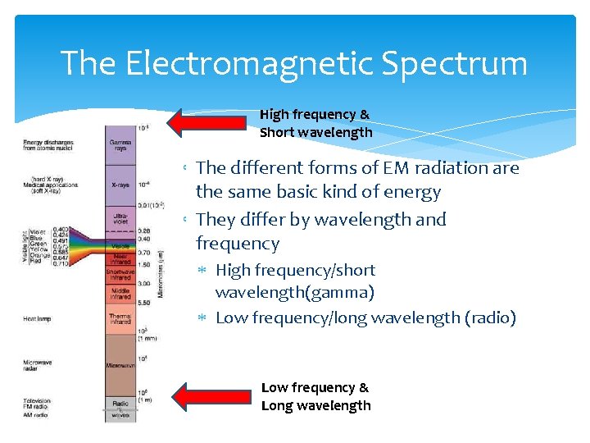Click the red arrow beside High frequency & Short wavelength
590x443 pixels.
click(x=209, y=123)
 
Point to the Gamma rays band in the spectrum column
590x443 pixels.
click(x=120, y=146)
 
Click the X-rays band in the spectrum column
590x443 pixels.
click(x=120, y=185)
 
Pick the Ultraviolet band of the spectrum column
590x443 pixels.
click(x=120, y=219)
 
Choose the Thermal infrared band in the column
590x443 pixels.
click(x=120, y=317)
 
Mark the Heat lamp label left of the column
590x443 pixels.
click(x=40, y=318)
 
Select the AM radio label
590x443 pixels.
click(x=35, y=414)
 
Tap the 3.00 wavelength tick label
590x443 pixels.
click(x=144, y=283)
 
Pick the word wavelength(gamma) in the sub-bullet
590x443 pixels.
click(x=294, y=293)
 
